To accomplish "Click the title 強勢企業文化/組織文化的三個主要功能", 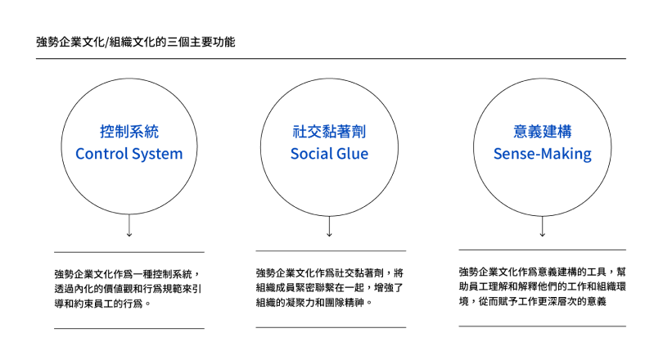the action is click(x=135, y=43).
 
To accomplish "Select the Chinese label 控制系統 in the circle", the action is click(x=129, y=132).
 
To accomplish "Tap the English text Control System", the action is click(x=129, y=154).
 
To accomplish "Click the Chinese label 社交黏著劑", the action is click(x=329, y=132).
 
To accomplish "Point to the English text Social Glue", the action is click(x=329, y=153).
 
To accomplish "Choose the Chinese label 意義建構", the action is click(x=543, y=132).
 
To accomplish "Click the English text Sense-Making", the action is click(x=543, y=154).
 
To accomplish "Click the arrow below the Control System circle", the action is click(x=129, y=225).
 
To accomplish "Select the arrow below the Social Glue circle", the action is click(x=329, y=226).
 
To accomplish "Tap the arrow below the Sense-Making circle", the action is click(x=543, y=226).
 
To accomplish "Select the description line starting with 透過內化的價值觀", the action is click(x=129, y=289).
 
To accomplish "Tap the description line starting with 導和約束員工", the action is click(x=103, y=304).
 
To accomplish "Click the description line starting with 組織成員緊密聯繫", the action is click(x=330, y=288).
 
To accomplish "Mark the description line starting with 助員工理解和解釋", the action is click(x=543, y=286).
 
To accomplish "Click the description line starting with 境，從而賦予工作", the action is click(x=533, y=301).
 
